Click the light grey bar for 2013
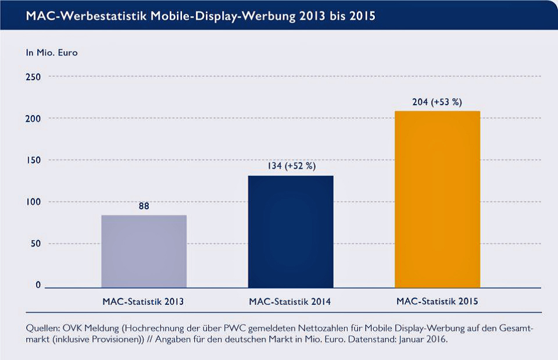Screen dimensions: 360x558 [144, 251]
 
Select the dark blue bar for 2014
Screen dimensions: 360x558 [291, 231]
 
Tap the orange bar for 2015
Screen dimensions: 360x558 [438, 199]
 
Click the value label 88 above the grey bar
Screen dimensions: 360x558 [144, 206]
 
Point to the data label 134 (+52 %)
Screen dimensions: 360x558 [291, 166]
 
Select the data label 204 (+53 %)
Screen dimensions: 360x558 [437, 102]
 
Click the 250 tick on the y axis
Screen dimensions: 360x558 [34, 77]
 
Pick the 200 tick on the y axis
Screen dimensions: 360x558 [34, 119]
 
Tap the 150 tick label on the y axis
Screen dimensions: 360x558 [34, 161]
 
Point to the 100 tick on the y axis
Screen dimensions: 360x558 [34, 202]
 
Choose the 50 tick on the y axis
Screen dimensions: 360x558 [36, 244]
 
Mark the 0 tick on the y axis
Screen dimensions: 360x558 [38, 285]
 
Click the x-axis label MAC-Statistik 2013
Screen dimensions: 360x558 [144, 302]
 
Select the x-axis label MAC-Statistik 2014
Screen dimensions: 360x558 [291, 302]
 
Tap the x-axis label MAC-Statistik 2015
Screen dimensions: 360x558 [438, 302]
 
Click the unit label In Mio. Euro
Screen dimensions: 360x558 [52, 52]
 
